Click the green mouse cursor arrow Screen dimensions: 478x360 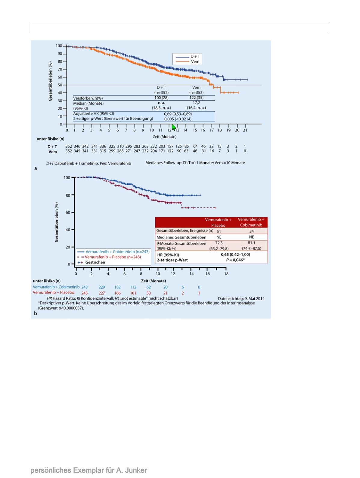pyautogui.click(x=174, y=128)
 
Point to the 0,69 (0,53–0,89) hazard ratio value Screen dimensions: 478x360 pyautogui.click(x=178, y=114)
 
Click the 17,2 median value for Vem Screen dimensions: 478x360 pyautogui.click(x=196, y=103)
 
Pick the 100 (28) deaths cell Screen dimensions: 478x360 pyautogui.click(x=161, y=98)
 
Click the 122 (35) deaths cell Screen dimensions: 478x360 pyautogui.click(x=196, y=98)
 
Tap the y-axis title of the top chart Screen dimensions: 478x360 pyautogui.click(x=50, y=81)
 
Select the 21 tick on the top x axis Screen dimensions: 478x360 pyautogui.click(x=245, y=130)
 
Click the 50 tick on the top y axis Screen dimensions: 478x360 pyautogui.click(x=60, y=85)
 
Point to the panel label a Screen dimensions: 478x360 pyautogui.click(x=36, y=168)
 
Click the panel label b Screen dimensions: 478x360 pyautogui.click(x=36, y=313)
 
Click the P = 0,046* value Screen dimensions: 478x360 pyautogui.click(x=235, y=260)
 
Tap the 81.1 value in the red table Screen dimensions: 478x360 pyautogui.click(x=251, y=243)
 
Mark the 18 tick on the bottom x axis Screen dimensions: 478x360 pyautogui.click(x=226, y=274)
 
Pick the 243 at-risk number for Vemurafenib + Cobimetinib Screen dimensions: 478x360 pyautogui.click(x=84, y=287)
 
